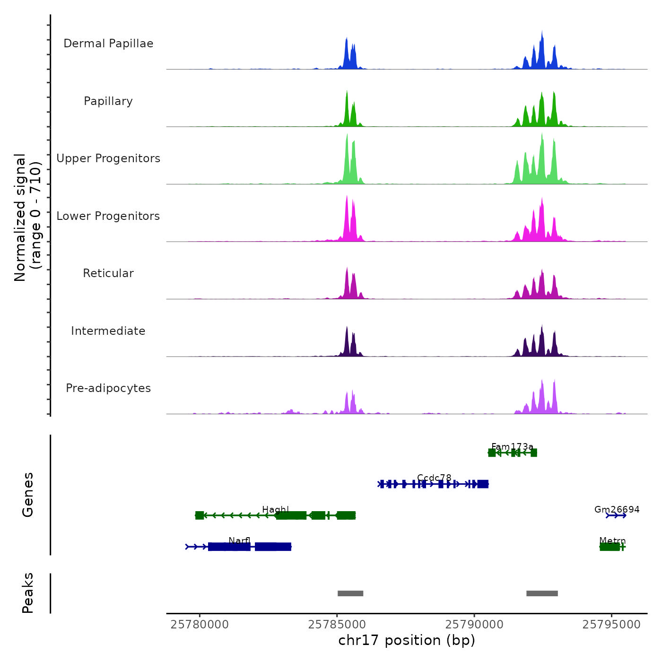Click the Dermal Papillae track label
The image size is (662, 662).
[x=108, y=44]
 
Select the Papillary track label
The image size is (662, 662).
[x=108, y=101]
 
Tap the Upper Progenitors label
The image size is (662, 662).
[x=108, y=158]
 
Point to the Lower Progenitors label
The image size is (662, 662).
[x=108, y=216]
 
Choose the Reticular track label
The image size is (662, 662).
[x=108, y=273]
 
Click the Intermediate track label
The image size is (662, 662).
[x=108, y=331]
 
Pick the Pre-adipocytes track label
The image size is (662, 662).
[x=108, y=388]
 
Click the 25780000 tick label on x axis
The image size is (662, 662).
[x=200, y=625]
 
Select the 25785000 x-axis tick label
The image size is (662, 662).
[x=337, y=625]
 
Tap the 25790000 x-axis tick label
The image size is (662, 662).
[x=474, y=625]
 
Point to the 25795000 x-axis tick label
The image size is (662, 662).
[x=611, y=625]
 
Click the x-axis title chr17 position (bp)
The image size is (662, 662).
[x=407, y=641]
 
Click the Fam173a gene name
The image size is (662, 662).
[x=512, y=447]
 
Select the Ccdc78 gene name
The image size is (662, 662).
[x=434, y=478]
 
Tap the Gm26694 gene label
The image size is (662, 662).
[x=617, y=509]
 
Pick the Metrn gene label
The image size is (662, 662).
[x=612, y=540]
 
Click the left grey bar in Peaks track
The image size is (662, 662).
[x=350, y=593]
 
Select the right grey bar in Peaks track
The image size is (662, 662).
[x=542, y=593]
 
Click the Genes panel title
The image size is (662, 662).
[x=28, y=495]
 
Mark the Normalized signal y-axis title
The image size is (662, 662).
[x=27, y=217]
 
